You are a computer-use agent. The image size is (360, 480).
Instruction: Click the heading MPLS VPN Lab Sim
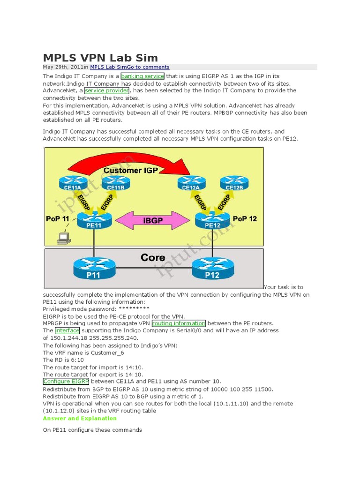pos(100,58)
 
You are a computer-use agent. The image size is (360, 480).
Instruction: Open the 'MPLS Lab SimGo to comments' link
pos(129,67)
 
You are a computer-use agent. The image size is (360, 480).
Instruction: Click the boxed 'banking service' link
pos(142,76)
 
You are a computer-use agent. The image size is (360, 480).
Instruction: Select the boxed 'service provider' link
pos(107,90)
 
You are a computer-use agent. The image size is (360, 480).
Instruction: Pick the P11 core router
pos(94,270)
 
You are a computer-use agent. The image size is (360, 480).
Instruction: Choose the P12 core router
pos(212,270)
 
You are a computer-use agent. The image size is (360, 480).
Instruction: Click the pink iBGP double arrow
pos(153,220)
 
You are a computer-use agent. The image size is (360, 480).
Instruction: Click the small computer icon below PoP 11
pos(63,239)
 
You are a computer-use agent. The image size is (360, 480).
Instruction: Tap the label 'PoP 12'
pos(245,219)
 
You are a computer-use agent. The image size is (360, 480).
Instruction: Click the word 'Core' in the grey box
pos(153,257)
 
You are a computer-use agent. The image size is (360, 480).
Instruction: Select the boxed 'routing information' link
pos(179,323)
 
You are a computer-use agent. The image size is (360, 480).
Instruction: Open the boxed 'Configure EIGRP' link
pos(66,382)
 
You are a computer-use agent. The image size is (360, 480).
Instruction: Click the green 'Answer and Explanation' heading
pos(80,418)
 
